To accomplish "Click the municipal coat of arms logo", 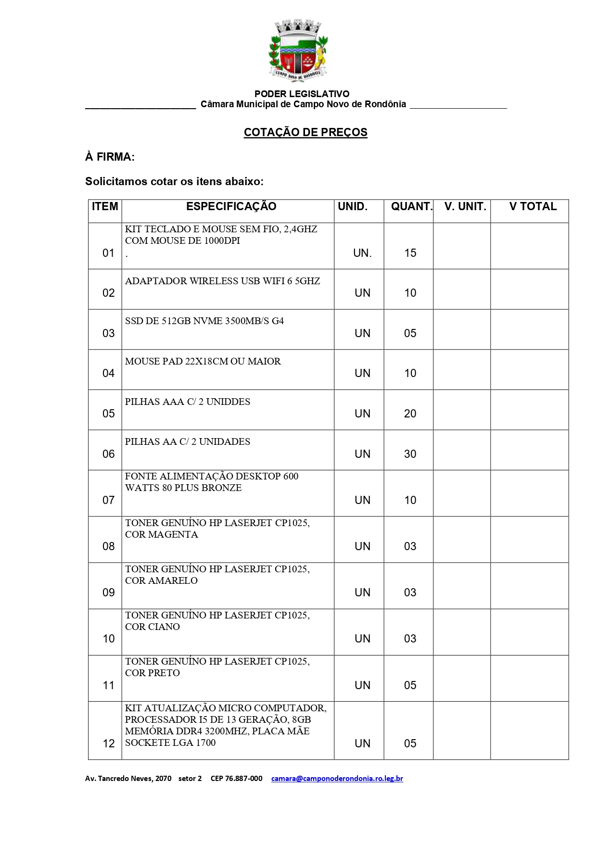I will pos(298,51).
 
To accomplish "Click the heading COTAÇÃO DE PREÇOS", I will pos(305,132).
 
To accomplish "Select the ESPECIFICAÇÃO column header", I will pos(231,207).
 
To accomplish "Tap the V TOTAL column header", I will pos(533,207).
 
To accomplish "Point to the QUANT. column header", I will pos(411,207).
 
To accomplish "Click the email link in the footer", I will pos(337,778).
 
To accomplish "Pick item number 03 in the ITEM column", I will pos(108,333).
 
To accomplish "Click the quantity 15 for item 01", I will pos(410,253).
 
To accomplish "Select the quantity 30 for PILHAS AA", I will pos(410,454).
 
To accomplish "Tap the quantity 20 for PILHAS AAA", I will pos(410,414).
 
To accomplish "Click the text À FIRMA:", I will pos(110,157).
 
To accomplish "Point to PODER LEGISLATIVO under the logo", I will pos(302,94).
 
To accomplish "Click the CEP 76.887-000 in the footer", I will pos(236,778).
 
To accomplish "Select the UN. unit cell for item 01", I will pos(362,253).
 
